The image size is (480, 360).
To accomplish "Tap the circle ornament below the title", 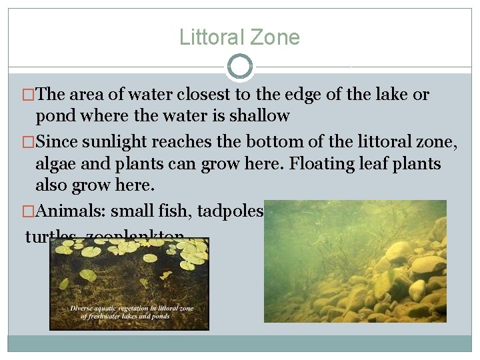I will (x=240, y=67).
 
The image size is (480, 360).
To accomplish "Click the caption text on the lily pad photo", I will (x=129, y=312).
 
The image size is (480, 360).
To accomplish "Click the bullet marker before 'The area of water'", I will (x=29, y=95).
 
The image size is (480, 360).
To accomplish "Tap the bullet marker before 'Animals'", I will (x=29, y=213).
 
